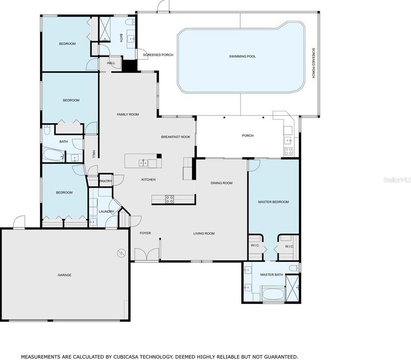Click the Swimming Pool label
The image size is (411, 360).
242,56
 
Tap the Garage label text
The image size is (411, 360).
64,275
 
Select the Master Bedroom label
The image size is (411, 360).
273,202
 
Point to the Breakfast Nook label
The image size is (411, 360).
176,137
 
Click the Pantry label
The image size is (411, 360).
106,181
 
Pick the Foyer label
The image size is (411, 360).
145,233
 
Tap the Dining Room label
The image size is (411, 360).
222,183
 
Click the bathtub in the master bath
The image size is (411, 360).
273,294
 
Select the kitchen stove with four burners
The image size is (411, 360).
170,200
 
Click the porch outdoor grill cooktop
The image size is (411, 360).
289,151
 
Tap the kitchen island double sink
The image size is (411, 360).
143,163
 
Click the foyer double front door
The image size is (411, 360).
147,254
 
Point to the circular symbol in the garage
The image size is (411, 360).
121,253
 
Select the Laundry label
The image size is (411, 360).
107,211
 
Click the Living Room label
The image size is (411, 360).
204,234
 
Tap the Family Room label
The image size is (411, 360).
128,114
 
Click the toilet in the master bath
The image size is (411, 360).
294,268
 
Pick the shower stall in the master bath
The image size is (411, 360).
292,288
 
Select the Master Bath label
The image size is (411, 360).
272,275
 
